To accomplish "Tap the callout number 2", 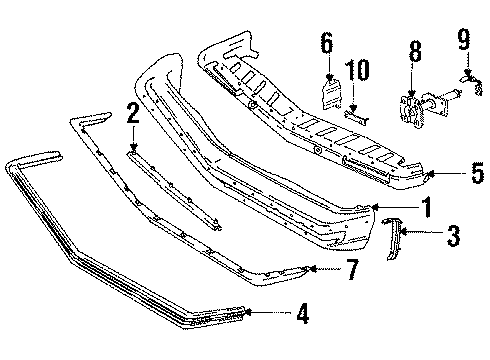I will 132,112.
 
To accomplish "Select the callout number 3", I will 453,236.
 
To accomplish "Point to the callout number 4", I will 301,315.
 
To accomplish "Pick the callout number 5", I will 476,171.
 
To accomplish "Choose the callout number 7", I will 350,268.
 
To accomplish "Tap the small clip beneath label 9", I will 468,74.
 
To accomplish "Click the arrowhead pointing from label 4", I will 249,313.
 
